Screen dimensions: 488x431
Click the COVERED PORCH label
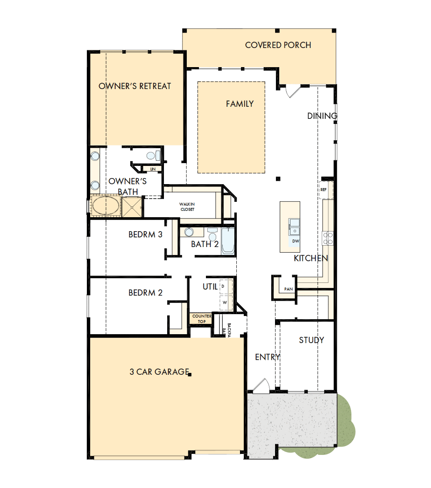(x=278, y=45)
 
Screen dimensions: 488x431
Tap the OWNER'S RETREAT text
(x=134, y=86)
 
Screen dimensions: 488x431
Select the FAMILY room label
(x=240, y=104)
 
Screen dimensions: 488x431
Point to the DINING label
(x=322, y=116)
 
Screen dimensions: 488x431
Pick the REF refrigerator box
(x=324, y=190)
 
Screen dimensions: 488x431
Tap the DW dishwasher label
(x=295, y=241)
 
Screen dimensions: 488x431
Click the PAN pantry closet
(x=288, y=289)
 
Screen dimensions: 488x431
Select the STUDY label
(x=311, y=340)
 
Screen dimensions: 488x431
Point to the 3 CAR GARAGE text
(x=159, y=372)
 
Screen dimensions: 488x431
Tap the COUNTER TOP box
(x=201, y=318)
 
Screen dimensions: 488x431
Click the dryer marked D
(x=224, y=286)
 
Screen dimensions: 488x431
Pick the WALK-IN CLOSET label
(x=187, y=207)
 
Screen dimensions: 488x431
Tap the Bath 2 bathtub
(x=228, y=241)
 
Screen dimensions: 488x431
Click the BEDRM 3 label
(x=145, y=234)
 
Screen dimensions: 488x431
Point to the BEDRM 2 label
(x=145, y=293)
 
